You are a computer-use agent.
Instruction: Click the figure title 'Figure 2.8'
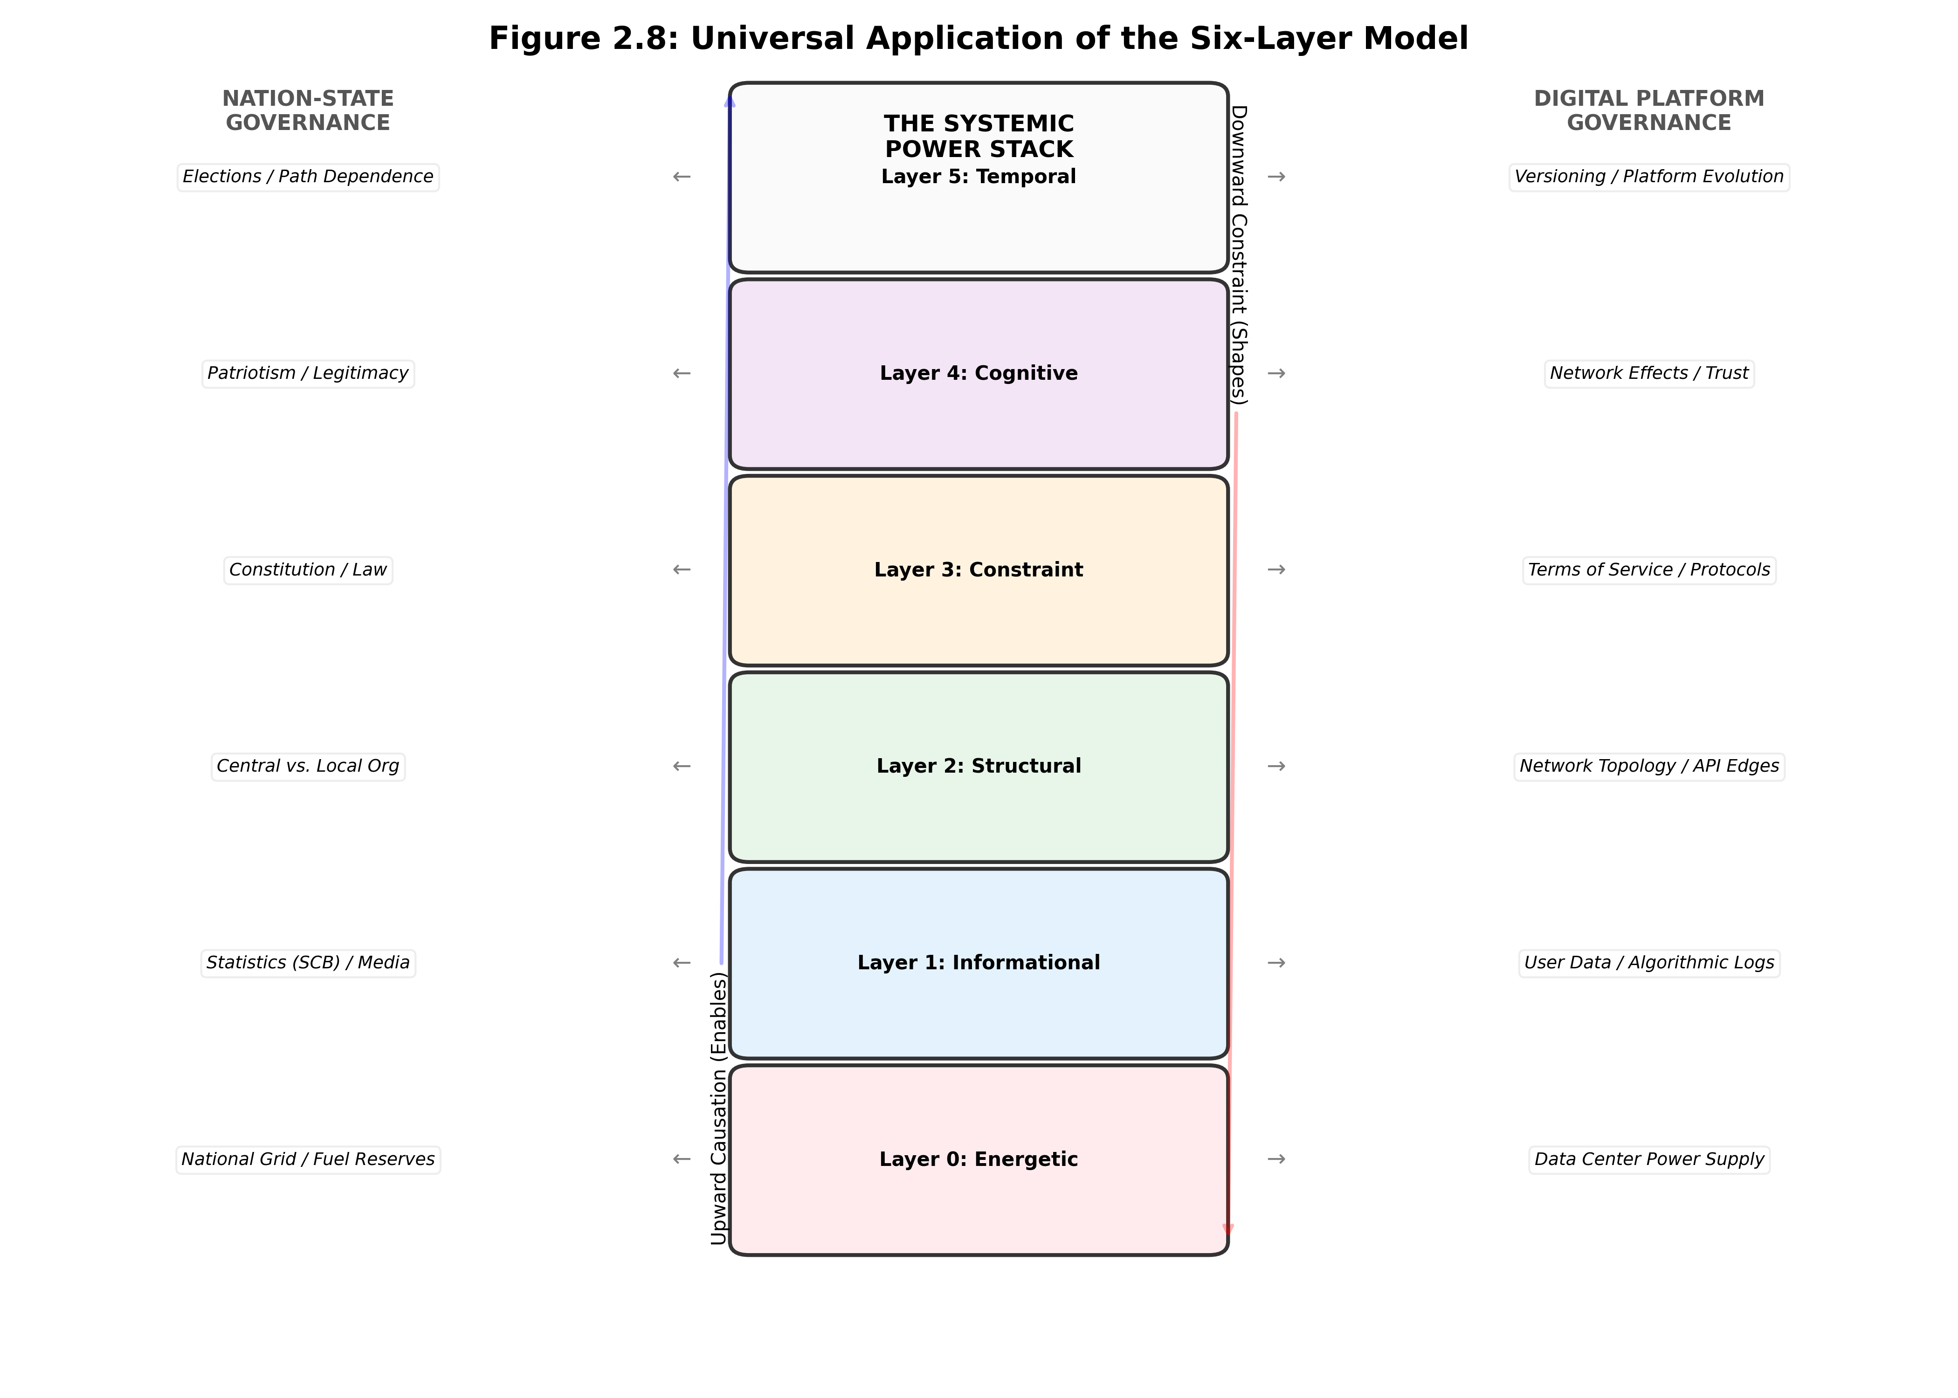coord(978,39)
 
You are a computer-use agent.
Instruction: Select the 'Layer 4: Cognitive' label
coord(978,373)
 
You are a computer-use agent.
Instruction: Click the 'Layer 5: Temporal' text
coord(978,177)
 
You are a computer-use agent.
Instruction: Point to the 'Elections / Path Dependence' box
coord(307,177)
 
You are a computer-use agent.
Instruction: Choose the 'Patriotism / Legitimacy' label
coord(307,373)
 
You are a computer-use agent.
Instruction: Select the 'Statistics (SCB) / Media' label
coord(307,962)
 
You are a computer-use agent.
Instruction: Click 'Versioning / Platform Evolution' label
coord(1648,177)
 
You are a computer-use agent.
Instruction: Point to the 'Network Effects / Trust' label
coord(1648,373)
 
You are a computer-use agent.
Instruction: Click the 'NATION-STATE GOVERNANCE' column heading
coord(307,110)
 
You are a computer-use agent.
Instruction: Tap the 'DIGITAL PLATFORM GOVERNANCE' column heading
coord(1648,110)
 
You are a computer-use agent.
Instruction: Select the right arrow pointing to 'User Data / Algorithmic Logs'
coord(1276,962)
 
